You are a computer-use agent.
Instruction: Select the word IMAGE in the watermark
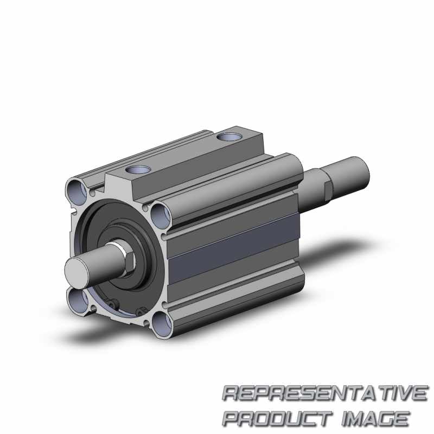(375, 418)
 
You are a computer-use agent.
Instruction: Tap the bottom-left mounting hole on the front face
(78, 301)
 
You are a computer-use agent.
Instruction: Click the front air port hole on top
(138, 170)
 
